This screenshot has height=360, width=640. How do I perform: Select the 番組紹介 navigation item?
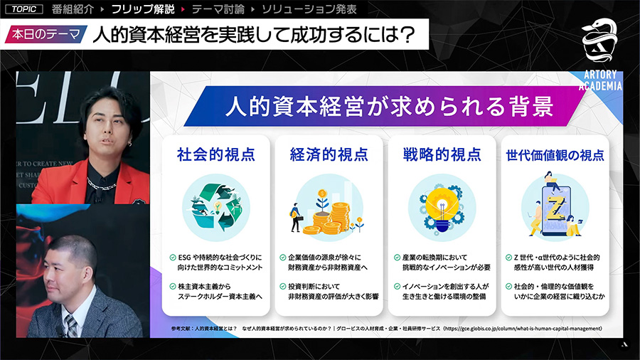tap(73, 10)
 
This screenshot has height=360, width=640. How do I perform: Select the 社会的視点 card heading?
tap(215, 154)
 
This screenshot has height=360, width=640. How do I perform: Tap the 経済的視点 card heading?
tap(329, 154)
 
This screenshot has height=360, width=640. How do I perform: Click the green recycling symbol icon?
tap(215, 206)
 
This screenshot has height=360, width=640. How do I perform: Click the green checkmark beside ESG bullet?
tap(173, 257)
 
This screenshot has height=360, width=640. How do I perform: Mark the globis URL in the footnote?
tap(523, 328)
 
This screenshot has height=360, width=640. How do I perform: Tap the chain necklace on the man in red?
tap(100, 184)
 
